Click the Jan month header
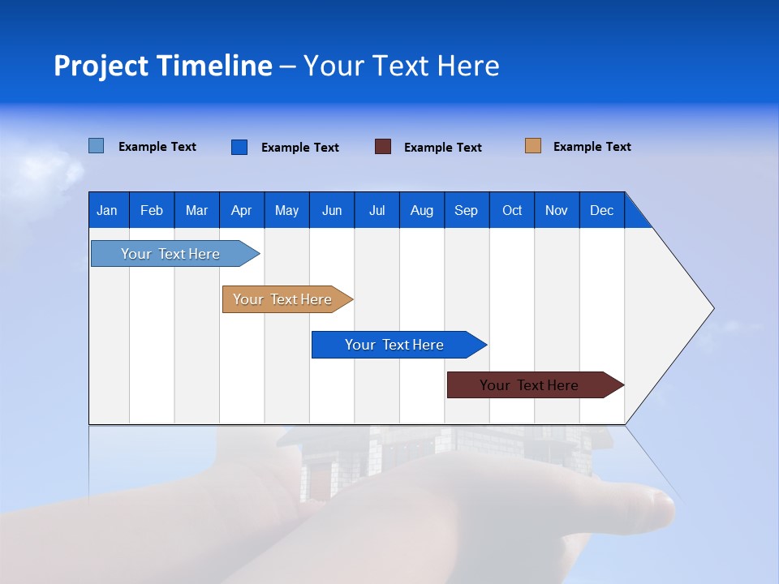[x=108, y=210]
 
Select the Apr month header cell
[x=242, y=210]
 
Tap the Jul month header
[x=377, y=210]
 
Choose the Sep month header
[x=467, y=210]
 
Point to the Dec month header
[x=601, y=210]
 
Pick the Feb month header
[x=152, y=210]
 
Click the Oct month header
[x=512, y=210]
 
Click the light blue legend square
[x=97, y=146]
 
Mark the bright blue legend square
[x=239, y=147]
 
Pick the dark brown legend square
[x=383, y=147]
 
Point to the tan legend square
[x=532, y=146]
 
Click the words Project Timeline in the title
[x=163, y=66]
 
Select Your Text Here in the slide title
[x=401, y=66]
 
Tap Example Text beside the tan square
[x=592, y=147]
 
